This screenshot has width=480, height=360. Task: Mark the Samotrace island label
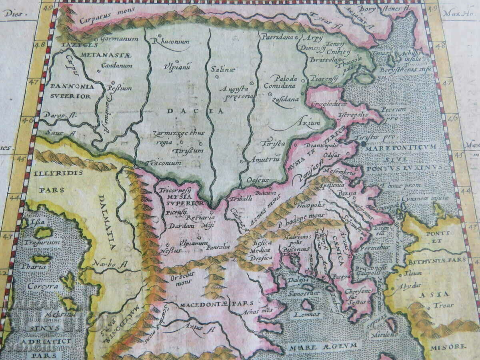307,294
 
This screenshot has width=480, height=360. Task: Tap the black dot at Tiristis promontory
362,143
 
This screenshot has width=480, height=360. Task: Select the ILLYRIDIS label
58,173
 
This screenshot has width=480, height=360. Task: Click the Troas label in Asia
442,306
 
